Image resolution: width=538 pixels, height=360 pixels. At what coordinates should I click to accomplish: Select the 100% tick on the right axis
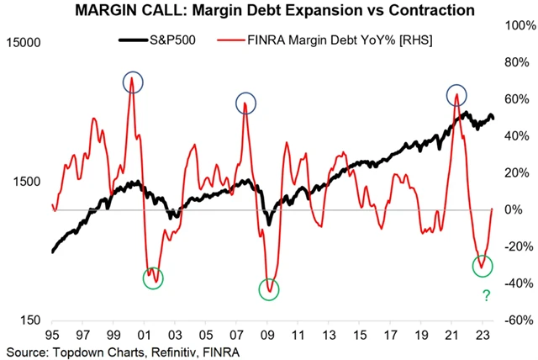point(518,25)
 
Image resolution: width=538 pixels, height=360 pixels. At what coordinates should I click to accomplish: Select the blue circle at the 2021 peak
point(456,94)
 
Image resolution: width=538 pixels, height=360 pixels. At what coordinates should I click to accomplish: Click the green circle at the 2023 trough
point(483,266)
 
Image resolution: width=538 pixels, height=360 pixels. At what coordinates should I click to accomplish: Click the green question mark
point(485,295)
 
